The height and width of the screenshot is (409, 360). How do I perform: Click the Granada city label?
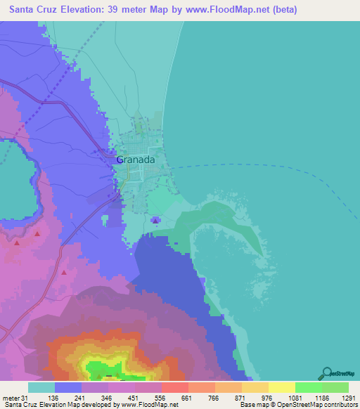(x=135, y=160)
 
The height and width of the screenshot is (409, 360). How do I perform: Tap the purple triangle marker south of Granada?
(x=155, y=221)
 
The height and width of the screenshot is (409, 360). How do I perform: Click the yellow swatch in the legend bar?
(x=281, y=388)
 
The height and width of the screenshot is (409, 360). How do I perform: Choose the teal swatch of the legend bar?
(x=41, y=388)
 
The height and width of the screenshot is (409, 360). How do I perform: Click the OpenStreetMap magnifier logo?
(x=326, y=372)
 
